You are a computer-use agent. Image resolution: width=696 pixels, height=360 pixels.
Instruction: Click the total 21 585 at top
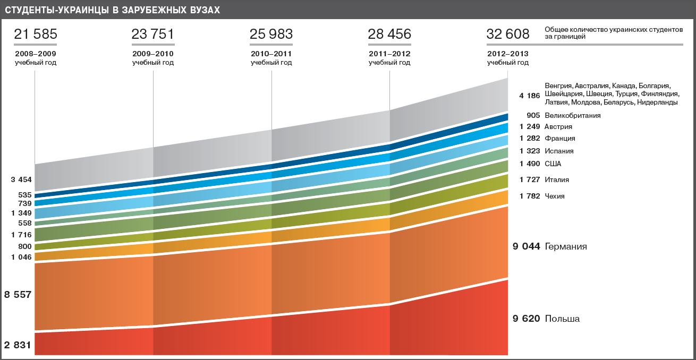[x=35, y=35]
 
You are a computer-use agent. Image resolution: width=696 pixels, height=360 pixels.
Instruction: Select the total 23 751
[x=153, y=35]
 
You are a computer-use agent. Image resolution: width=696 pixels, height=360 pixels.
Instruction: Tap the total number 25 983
[x=271, y=35]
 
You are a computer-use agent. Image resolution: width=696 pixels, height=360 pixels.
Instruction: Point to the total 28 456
[x=389, y=35]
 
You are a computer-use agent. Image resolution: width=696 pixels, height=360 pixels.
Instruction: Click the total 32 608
[x=508, y=35]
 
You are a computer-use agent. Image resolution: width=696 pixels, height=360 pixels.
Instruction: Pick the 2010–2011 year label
[x=271, y=54]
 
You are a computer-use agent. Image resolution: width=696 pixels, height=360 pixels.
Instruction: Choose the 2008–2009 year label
[x=35, y=54]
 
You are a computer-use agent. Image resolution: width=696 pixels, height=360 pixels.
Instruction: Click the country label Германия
[x=566, y=247]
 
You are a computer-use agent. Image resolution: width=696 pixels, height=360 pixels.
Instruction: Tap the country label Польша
[x=562, y=319]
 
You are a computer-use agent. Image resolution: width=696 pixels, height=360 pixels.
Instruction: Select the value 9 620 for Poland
[x=526, y=319]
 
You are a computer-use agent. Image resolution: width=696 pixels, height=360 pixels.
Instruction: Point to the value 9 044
[x=526, y=247]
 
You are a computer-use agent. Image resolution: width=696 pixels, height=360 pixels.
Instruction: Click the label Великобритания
[x=573, y=116]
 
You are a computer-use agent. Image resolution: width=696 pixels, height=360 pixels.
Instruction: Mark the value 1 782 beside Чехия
[x=530, y=196]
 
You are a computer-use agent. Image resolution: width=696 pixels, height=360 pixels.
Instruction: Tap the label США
[x=553, y=164]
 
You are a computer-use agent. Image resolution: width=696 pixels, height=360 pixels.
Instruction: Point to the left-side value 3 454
[x=21, y=180]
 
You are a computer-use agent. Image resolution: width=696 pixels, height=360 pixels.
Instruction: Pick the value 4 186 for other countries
[x=530, y=96]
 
